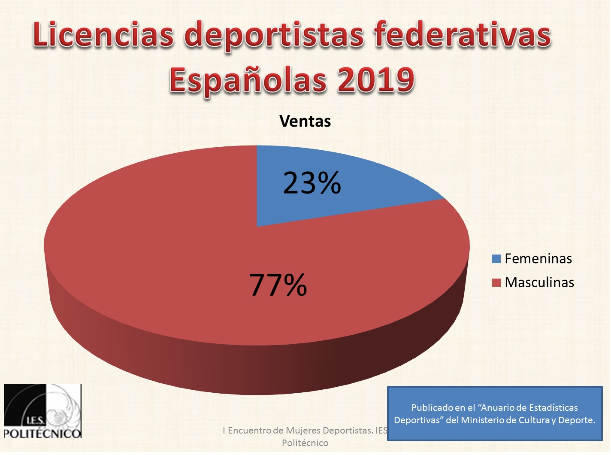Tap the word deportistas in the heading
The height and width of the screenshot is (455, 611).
(x=274, y=35)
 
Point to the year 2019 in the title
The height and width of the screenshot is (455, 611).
(x=376, y=80)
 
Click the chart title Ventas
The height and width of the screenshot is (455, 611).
(x=305, y=121)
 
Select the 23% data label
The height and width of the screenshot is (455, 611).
(x=312, y=183)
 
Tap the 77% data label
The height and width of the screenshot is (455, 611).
(x=278, y=285)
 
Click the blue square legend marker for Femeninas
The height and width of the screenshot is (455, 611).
(x=496, y=259)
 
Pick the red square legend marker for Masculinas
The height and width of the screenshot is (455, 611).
(x=496, y=283)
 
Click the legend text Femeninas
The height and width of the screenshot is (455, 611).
(x=538, y=259)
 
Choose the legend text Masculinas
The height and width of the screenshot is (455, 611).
(x=539, y=282)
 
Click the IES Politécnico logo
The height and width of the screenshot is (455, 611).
(x=42, y=411)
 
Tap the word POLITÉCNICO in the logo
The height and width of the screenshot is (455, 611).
(x=42, y=433)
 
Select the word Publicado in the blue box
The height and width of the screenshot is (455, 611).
(x=432, y=408)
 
